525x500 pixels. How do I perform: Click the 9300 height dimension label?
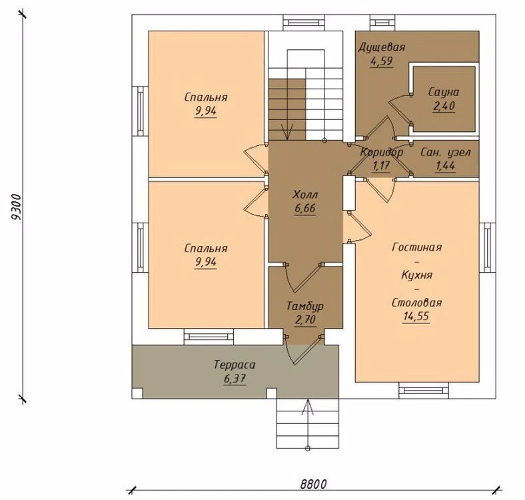[16, 207]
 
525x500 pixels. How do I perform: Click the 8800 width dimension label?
[313, 484]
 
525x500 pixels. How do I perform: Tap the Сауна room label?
[444, 92]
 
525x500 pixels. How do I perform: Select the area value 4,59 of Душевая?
[381, 61]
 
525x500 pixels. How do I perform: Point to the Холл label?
[305, 195]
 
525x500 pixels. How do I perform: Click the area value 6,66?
[305, 209]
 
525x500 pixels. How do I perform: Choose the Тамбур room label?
[305, 306]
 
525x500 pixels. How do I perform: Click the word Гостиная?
[417, 247]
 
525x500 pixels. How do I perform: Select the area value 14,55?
[416, 317]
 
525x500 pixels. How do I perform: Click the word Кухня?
[417, 275]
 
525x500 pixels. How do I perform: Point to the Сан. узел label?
[445, 153]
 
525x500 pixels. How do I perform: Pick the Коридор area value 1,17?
[381, 165]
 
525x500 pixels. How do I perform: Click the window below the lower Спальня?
[209, 337]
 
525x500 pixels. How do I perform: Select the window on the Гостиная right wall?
[488, 247]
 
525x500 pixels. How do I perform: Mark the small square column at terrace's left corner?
[138, 393]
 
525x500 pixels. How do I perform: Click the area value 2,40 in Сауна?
[444, 106]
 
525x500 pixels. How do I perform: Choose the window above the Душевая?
[382, 23]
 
